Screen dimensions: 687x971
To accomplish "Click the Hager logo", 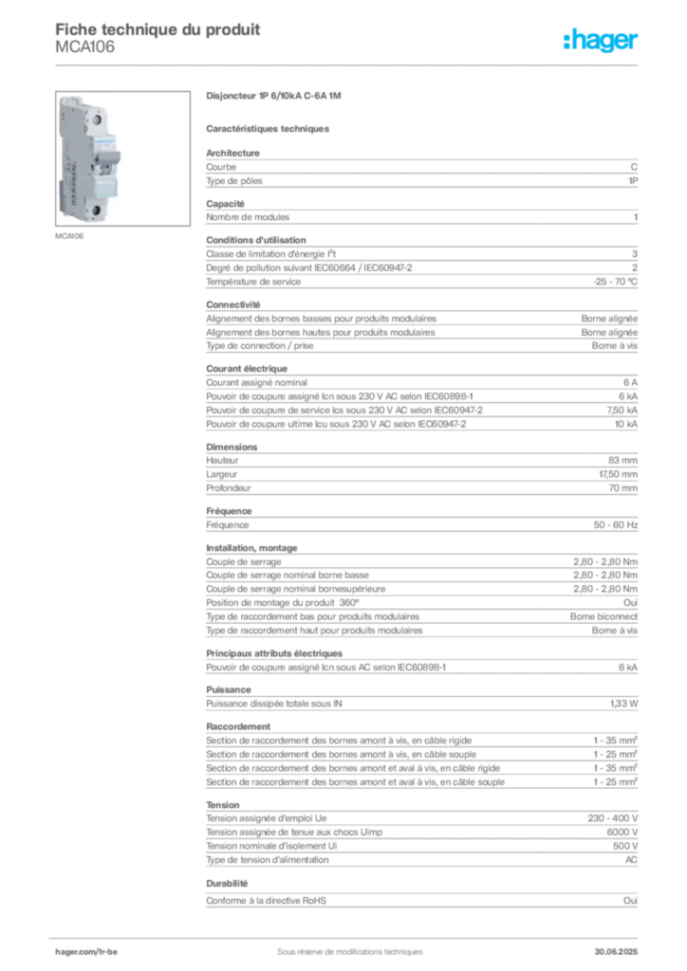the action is tap(601, 40).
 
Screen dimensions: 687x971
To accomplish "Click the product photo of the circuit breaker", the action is tap(122, 158).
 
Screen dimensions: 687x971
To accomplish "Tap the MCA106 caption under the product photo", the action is tap(69, 236).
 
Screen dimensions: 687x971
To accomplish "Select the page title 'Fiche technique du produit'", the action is tap(158, 29).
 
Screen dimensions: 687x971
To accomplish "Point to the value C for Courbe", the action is tap(634, 167).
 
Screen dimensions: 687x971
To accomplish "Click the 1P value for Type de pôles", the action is tap(633, 181).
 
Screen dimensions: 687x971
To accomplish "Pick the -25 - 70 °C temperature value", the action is tap(615, 282).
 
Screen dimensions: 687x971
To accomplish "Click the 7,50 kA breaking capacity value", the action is tap(622, 411).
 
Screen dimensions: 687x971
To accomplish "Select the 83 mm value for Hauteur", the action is tap(622, 461).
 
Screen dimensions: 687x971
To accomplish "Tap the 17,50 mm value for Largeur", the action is tap(619, 474).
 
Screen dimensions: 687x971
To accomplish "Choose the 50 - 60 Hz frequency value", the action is tap(616, 525).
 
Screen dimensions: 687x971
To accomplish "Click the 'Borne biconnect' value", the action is tap(604, 616).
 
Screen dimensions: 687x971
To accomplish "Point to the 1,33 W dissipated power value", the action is tap(623, 705).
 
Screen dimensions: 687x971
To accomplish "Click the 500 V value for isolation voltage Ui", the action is tap(625, 846).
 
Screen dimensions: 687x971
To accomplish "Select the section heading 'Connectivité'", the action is tap(232, 304).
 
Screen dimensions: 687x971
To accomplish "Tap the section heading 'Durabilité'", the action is tap(227, 884).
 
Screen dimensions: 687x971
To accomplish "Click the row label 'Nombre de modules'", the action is tap(248, 217).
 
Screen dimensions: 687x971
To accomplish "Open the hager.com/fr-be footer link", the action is tap(86, 952).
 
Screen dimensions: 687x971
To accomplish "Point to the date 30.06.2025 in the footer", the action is tap(616, 952).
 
